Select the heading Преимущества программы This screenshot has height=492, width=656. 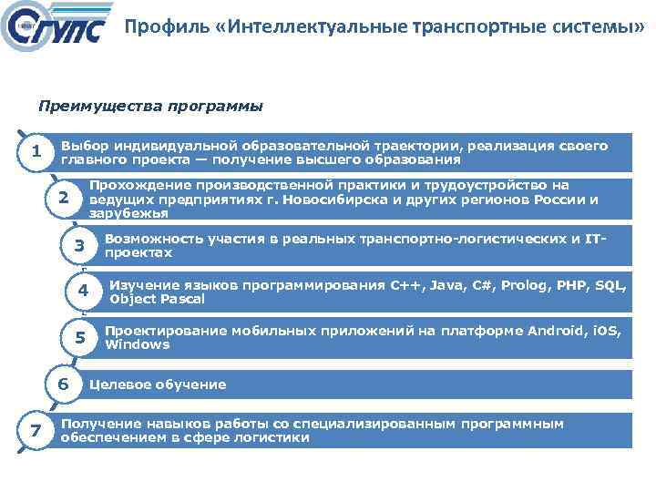(150, 107)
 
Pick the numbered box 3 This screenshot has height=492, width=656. (79, 245)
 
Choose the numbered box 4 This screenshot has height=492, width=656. (82, 292)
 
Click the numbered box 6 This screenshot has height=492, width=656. (63, 384)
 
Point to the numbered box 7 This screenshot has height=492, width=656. (35, 430)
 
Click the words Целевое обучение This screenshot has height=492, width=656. (157, 384)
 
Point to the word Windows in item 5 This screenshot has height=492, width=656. (138, 344)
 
